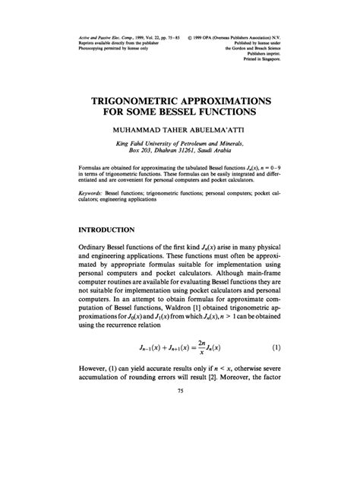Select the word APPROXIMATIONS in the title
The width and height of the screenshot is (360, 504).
pyautogui.click(x=233, y=100)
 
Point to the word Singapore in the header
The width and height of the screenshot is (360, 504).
pyautogui.click(x=266, y=66)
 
